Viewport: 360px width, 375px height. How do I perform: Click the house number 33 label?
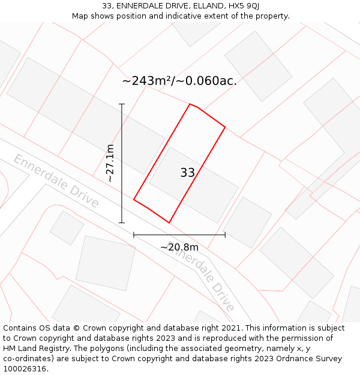click(187, 173)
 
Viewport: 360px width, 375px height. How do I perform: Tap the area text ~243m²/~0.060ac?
click(179, 81)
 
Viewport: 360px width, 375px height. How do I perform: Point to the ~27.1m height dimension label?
click(110, 163)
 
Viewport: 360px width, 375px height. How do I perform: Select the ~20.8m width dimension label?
click(179, 247)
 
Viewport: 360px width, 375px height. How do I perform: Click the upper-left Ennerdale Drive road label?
click(56, 181)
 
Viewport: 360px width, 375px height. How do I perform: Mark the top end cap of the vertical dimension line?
click(122, 104)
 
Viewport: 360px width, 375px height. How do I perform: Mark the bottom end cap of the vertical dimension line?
click(122, 223)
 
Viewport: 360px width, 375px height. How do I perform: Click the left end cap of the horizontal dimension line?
click(134, 235)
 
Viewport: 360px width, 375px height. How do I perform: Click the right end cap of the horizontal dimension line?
click(225, 235)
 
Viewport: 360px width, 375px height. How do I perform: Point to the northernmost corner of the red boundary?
click(190, 104)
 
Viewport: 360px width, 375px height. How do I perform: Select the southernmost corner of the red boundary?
click(169, 223)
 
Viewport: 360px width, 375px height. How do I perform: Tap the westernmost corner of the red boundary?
click(134, 199)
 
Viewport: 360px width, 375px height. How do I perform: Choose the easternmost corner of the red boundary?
click(225, 127)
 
